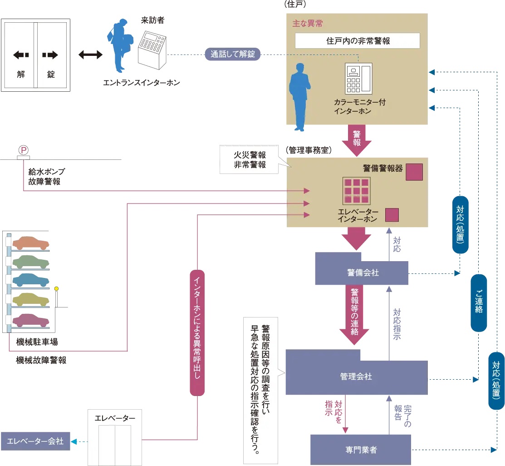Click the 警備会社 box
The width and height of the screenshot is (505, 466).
pyautogui.click(x=362, y=273)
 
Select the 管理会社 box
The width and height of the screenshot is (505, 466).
pyautogui.click(x=356, y=377)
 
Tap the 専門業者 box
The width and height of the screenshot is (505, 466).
pyautogui.click(x=361, y=450)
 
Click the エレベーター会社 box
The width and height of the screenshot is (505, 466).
pyautogui.click(x=35, y=441)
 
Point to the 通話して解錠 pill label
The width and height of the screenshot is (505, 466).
pyautogui.click(x=233, y=55)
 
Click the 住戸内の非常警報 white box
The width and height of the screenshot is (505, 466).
pyautogui.click(x=358, y=41)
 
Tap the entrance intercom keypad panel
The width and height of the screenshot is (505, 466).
pyautogui.click(x=152, y=49)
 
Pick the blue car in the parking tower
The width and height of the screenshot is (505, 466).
pyautogui.click(x=30, y=279)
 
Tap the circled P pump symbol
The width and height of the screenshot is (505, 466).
pyautogui.click(x=22, y=149)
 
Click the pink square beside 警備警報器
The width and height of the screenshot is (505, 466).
pyautogui.click(x=414, y=172)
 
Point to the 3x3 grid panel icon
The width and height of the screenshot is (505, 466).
pyautogui.click(x=356, y=191)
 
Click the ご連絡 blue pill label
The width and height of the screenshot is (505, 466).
pyautogui.click(x=479, y=303)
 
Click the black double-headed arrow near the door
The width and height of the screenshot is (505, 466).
pyautogui.click(x=90, y=55)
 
